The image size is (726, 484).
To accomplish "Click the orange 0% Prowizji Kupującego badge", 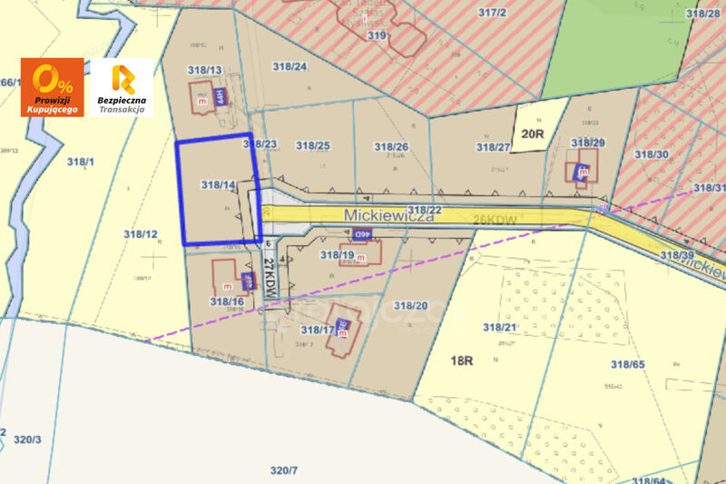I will click(x=52, y=87).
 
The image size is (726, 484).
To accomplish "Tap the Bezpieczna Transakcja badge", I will click(x=123, y=87).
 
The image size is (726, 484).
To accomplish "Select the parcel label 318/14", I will click(x=219, y=185).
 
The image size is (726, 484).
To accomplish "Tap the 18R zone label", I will click(x=462, y=361).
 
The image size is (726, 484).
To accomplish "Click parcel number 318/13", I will click(x=205, y=70).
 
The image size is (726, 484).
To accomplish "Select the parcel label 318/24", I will click(x=289, y=66).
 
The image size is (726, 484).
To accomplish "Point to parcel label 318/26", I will click(x=390, y=146).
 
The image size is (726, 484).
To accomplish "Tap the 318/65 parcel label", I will click(x=627, y=364).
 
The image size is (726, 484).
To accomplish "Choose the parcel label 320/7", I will click(x=284, y=469).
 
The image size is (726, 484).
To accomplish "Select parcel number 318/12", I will click(x=141, y=234).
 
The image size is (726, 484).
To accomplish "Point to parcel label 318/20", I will click(x=409, y=305).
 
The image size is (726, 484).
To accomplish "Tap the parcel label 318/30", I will click(x=652, y=154).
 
